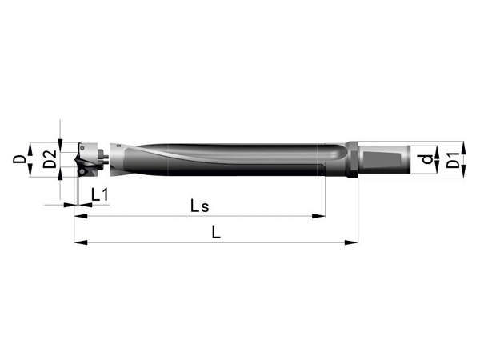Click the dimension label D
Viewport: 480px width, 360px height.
[x=19, y=159]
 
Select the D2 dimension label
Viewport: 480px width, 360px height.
[x=50, y=159]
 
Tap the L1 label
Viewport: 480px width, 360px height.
[x=100, y=194]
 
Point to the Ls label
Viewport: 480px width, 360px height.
[x=199, y=206]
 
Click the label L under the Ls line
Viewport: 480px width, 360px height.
[x=216, y=232]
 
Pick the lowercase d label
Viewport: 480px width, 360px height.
[x=426, y=159]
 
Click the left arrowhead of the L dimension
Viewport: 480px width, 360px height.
[x=81, y=242]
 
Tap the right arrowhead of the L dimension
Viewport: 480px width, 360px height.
[x=351, y=242]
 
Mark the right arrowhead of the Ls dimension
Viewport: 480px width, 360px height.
[x=318, y=216]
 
